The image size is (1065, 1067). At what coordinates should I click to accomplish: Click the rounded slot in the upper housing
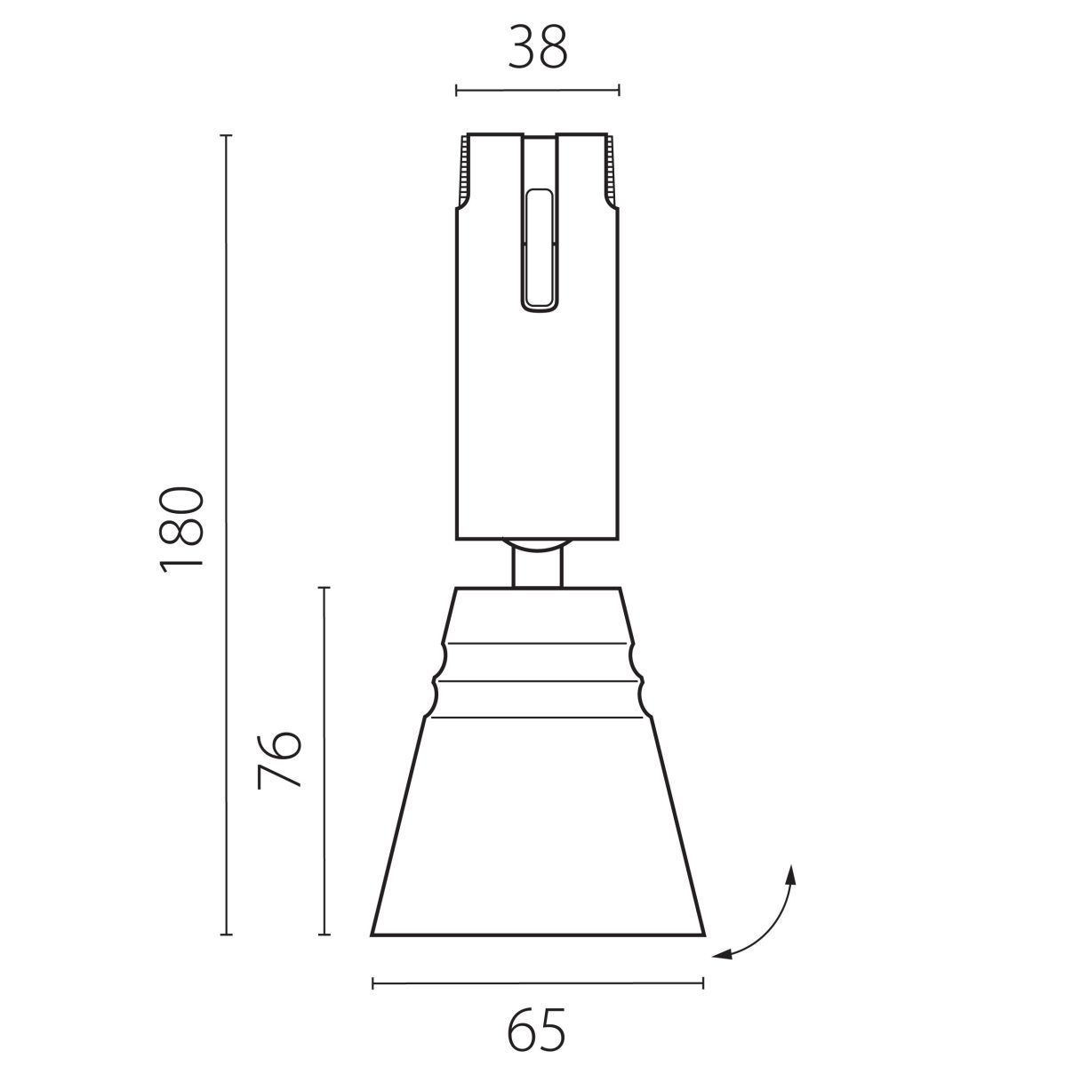(x=538, y=249)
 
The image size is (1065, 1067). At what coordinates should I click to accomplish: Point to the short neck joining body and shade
(x=537, y=569)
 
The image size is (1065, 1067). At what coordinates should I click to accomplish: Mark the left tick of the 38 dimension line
(x=456, y=90)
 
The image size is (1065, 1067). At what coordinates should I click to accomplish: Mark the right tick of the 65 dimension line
(x=703, y=983)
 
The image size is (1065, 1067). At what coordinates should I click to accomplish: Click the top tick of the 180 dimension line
(x=226, y=136)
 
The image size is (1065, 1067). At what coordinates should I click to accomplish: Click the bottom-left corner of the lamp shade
(x=372, y=935)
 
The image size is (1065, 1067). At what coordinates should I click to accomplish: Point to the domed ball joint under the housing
(x=537, y=545)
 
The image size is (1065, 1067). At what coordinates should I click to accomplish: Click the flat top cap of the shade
(x=537, y=590)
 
